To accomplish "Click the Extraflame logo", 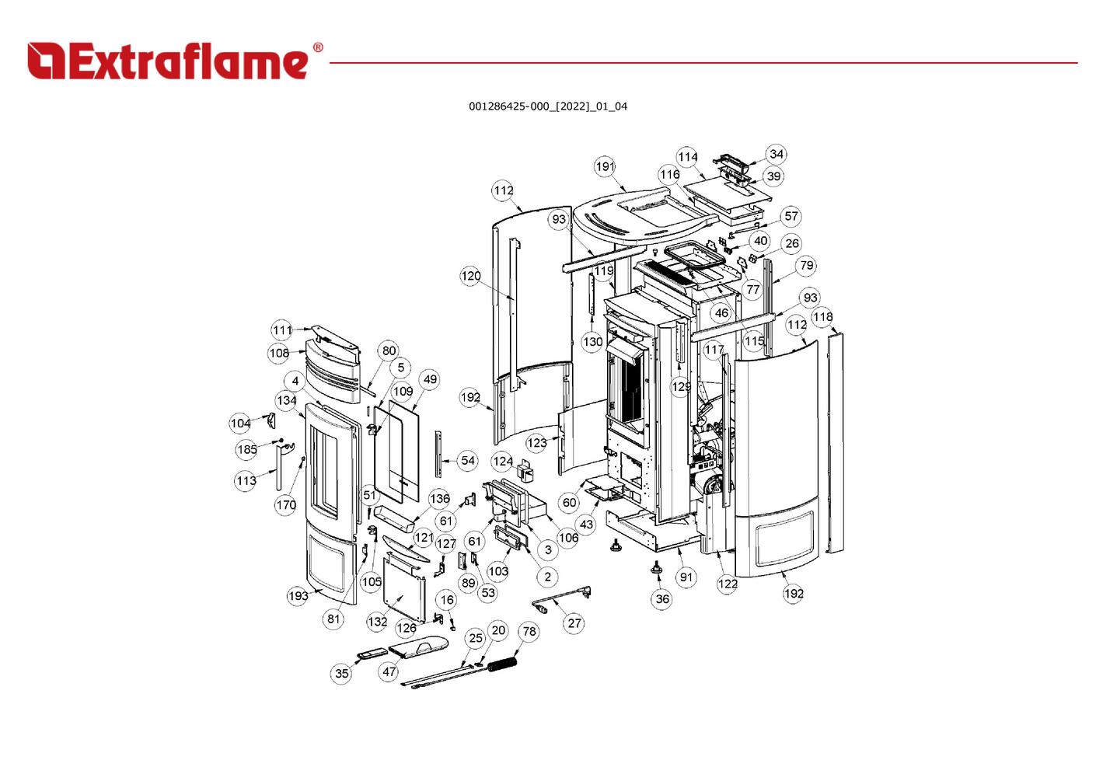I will tap(168, 61).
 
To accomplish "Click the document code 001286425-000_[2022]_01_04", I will tap(547, 106).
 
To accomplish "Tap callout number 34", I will tap(776, 154).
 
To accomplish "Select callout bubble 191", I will tap(605, 166).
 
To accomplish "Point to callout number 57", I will tap(791, 217).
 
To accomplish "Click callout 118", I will tap(822, 317).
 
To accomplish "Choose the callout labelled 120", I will tap(470, 276).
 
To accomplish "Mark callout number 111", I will tap(281, 329).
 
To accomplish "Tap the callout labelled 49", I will tap(430, 379).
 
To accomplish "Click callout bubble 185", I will tap(246, 449).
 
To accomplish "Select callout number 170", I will tap(285, 505).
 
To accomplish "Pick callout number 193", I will tap(298, 596).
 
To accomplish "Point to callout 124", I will tap(502, 462).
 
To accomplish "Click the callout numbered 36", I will tap(661, 599).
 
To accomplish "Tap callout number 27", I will tap(574, 623).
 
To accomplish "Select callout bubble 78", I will tap(529, 631).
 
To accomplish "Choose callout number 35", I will tap(342, 674).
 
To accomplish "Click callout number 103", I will tap(497, 571).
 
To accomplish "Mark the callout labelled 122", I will tap(728, 584).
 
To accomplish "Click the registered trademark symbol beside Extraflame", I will tap(317, 48).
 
